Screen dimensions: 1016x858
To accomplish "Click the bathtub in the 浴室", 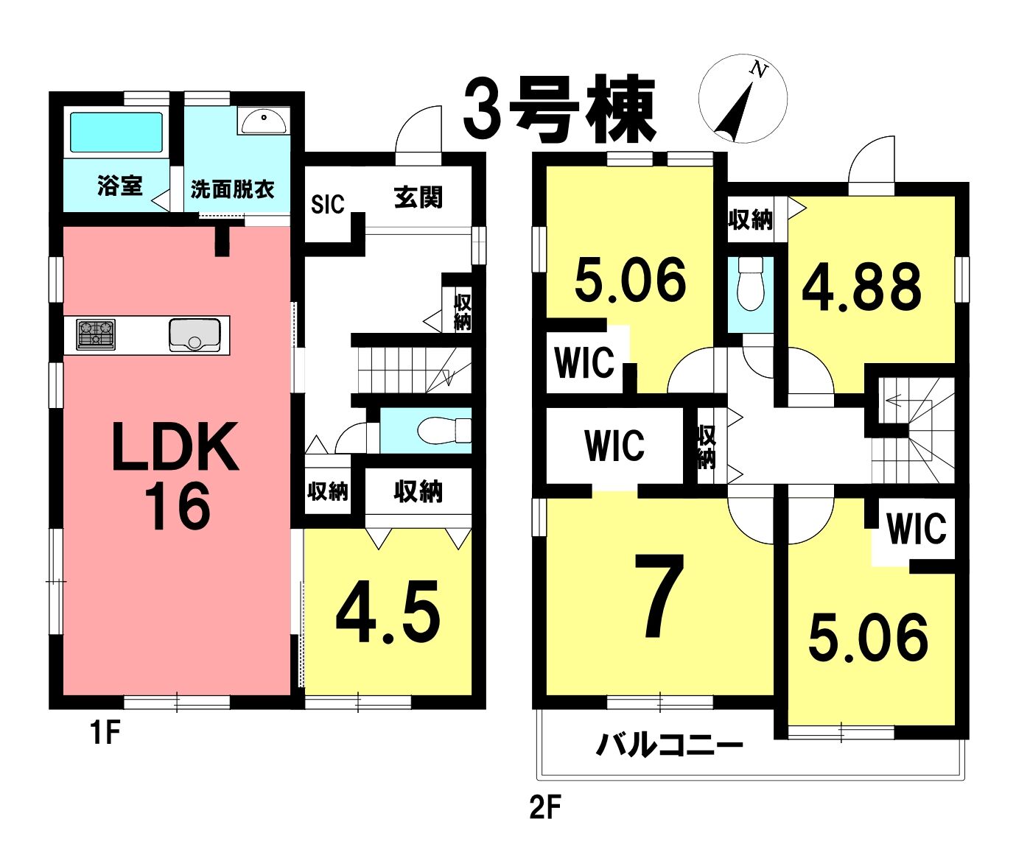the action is pyautogui.click(x=116, y=133).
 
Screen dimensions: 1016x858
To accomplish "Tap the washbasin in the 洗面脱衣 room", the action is pyautogui.click(x=263, y=121).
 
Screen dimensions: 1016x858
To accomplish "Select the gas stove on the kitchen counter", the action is pyautogui.click(x=96, y=334).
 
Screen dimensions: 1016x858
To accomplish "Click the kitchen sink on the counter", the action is pyautogui.click(x=195, y=334).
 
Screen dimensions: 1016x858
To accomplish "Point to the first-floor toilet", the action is pyautogui.click(x=444, y=430).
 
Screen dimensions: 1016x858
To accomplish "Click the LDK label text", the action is pyautogui.click(x=175, y=446).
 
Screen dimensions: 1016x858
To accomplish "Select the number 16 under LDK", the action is pyautogui.click(x=178, y=507).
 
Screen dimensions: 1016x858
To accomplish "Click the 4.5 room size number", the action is pyautogui.click(x=388, y=619).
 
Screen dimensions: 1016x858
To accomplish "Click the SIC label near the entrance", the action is pyautogui.click(x=327, y=204).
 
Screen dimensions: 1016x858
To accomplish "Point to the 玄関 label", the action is pyautogui.click(x=418, y=198).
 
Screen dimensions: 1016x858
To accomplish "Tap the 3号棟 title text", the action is pyautogui.click(x=559, y=110).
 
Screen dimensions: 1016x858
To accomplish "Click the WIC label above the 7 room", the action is pyautogui.click(x=615, y=445).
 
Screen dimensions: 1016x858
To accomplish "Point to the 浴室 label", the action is pyautogui.click(x=119, y=186).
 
